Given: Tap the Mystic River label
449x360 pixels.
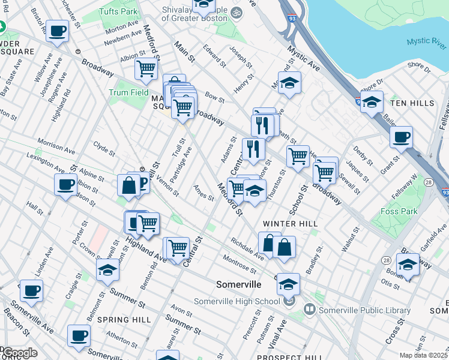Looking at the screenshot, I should tap(426, 41).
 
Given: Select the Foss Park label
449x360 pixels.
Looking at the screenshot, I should tap(399, 211).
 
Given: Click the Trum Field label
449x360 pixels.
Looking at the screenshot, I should tap(128, 92).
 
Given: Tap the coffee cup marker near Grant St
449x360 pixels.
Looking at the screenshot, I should tap(401, 137).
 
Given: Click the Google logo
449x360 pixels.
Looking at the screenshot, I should tap(20, 353).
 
